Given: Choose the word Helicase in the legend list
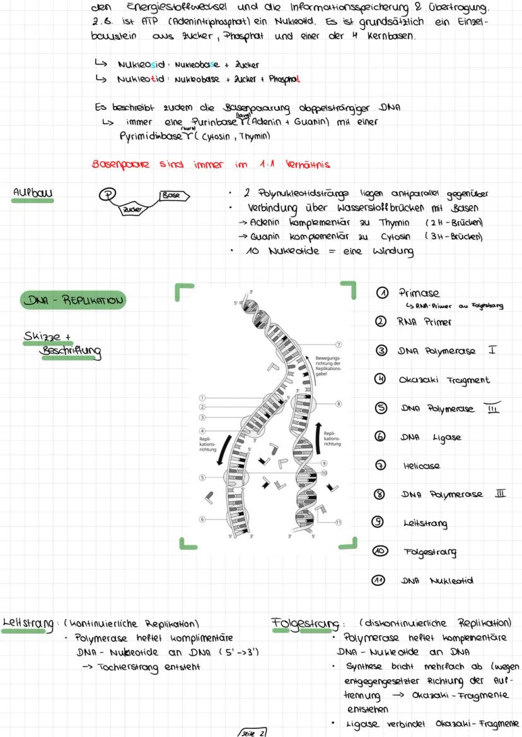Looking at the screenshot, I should coord(422,466).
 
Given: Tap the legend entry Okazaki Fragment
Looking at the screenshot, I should coord(444,380).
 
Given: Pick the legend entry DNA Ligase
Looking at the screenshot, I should coord(429,437).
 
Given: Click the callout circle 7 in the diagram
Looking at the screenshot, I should coord(339,344).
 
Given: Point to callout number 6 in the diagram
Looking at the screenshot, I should coord(203,519).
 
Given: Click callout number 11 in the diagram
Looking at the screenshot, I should coord(339,522).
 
